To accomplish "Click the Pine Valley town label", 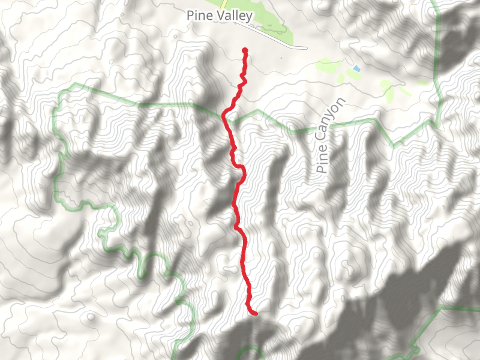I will [219, 16].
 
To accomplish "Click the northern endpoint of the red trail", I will [245, 50].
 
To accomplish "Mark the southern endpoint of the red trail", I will [255, 313].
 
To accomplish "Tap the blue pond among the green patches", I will [356, 69].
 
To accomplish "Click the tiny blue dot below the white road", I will [280, 58].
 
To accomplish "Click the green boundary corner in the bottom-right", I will [441, 308].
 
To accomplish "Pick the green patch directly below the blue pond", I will [353, 76].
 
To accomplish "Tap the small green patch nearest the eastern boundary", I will [422, 82].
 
